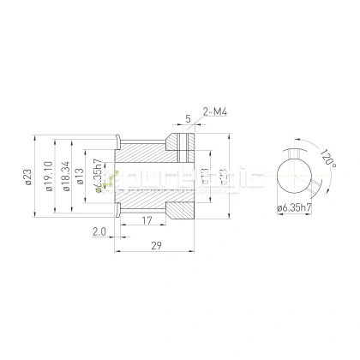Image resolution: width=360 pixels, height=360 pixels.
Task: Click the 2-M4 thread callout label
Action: [214, 111]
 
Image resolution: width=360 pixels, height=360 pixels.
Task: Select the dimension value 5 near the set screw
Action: [187, 119]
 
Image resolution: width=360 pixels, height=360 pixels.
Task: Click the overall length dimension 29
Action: [158, 245]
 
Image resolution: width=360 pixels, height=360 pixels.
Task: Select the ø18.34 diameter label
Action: [66, 176]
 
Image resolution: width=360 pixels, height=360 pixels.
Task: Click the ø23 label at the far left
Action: [28, 176]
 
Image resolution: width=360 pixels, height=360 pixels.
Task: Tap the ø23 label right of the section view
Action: [224, 176]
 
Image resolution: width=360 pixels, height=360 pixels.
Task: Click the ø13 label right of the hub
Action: [206, 176]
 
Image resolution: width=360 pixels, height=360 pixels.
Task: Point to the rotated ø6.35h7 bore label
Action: [102, 176]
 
